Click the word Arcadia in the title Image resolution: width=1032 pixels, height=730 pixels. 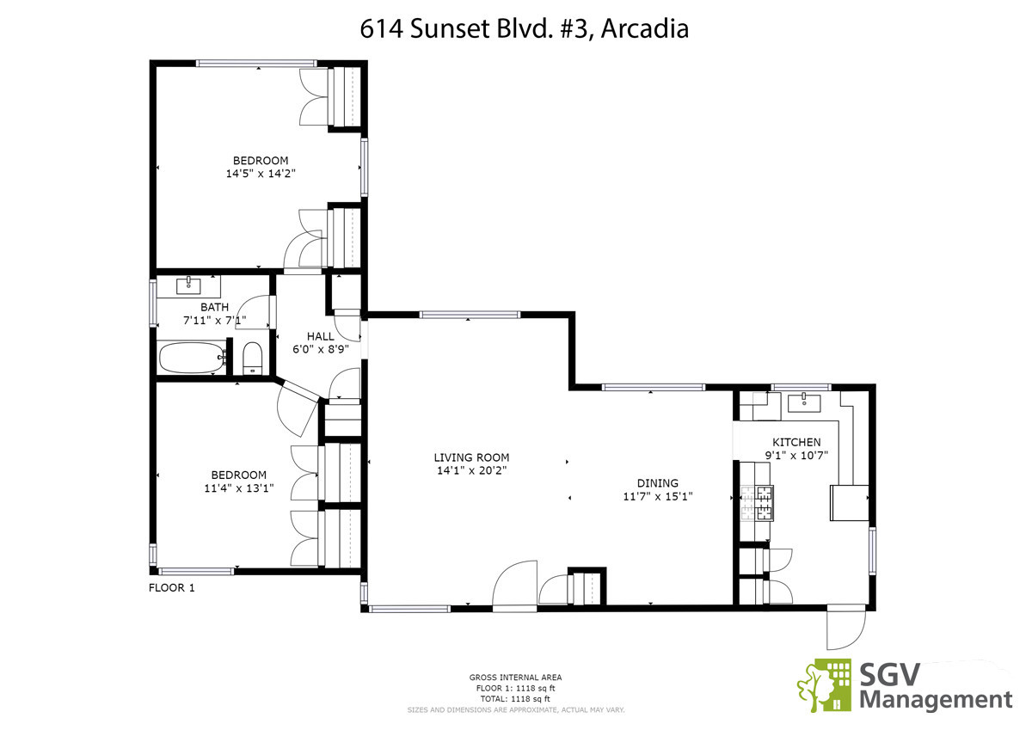click(644, 28)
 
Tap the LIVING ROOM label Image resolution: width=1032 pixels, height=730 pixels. click(471, 457)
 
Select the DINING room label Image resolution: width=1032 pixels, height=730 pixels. click(657, 483)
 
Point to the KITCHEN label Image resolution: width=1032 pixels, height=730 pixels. click(796, 442)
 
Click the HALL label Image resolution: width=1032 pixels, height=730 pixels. click(320, 336)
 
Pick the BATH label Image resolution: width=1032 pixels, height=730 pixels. click(214, 307)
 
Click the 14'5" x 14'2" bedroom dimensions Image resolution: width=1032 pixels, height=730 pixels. click(261, 174)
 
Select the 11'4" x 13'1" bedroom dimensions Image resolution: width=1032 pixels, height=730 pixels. click(239, 488)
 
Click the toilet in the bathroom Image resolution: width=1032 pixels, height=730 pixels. click(252, 359)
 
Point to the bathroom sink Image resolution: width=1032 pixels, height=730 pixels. click(188, 285)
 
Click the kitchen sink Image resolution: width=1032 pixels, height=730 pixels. click(804, 402)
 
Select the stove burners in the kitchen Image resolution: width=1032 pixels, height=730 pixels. click(757, 503)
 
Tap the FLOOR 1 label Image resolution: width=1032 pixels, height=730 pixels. click(171, 587)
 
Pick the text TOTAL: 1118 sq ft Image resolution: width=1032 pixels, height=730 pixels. click(515, 699)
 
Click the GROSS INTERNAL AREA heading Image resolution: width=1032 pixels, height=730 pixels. click(515, 678)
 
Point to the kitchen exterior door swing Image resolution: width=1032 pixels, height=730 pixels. click(846, 629)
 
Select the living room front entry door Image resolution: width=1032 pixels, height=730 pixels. click(514, 586)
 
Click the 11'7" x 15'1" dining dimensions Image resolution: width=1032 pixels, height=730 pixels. click(657, 496)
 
